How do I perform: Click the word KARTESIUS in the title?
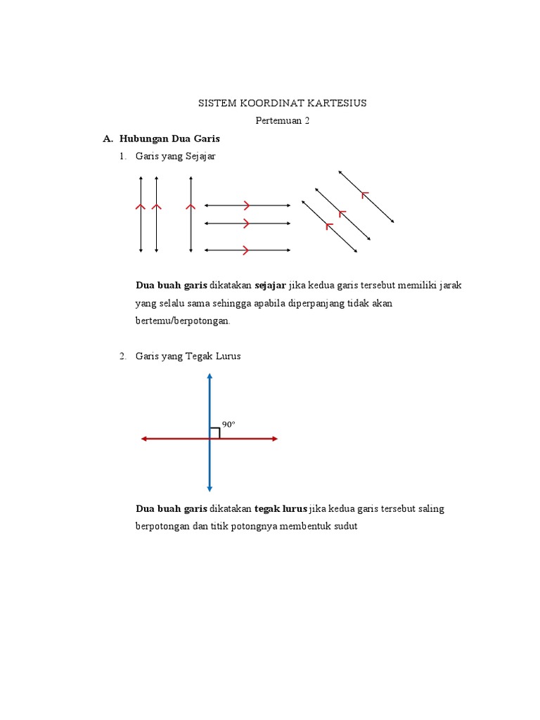(x=335, y=103)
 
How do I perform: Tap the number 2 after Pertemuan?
(x=307, y=120)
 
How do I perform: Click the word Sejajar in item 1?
(x=200, y=157)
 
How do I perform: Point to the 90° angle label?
(x=229, y=424)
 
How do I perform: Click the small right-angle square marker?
(x=215, y=433)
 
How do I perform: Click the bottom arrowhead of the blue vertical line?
(x=210, y=488)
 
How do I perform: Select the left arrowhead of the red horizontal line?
(x=144, y=439)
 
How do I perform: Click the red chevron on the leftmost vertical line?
(x=141, y=207)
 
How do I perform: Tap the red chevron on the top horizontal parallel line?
(x=247, y=205)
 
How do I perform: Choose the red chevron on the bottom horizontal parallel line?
(x=246, y=250)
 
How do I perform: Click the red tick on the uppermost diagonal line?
(x=364, y=193)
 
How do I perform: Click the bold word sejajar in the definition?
(x=270, y=285)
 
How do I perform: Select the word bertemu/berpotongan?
(x=183, y=321)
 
